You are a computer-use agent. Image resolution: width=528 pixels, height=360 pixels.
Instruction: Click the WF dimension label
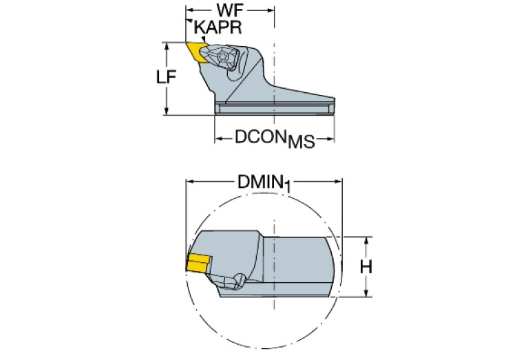click(x=230, y=10)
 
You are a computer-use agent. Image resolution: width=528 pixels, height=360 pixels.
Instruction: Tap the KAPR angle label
click(x=218, y=27)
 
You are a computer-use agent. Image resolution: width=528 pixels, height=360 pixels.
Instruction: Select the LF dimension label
click(x=166, y=77)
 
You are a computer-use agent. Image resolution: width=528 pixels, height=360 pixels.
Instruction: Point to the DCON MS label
click(x=275, y=139)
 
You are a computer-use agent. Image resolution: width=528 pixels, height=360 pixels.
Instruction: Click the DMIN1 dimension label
click(x=264, y=184)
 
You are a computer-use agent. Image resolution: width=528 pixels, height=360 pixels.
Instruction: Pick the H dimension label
click(x=366, y=267)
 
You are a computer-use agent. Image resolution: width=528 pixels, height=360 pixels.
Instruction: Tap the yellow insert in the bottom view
click(x=199, y=263)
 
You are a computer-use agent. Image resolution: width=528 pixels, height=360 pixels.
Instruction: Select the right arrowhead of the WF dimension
click(x=271, y=10)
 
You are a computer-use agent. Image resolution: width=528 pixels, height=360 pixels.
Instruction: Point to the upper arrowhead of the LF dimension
click(x=166, y=47)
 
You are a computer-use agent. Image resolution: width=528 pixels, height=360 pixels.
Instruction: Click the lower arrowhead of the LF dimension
click(x=166, y=111)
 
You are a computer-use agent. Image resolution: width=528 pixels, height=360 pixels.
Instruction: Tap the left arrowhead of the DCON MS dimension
click(x=219, y=138)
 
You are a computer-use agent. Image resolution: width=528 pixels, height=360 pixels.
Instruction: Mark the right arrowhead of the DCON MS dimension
click(x=330, y=138)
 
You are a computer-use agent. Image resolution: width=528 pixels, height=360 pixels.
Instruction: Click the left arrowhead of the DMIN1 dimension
click(x=190, y=182)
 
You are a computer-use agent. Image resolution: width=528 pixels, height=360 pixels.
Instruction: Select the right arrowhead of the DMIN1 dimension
click(x=338, y=182)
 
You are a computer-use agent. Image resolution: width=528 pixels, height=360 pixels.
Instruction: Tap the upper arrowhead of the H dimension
click(x=366, y=241)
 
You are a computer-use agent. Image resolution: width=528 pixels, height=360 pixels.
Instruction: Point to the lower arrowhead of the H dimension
click(x=366, y=293)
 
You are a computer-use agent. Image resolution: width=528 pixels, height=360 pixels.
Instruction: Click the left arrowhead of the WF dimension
click(x=189, y=10)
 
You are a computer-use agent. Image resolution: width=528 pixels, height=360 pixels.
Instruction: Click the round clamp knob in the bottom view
click(x=239, y=280)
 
